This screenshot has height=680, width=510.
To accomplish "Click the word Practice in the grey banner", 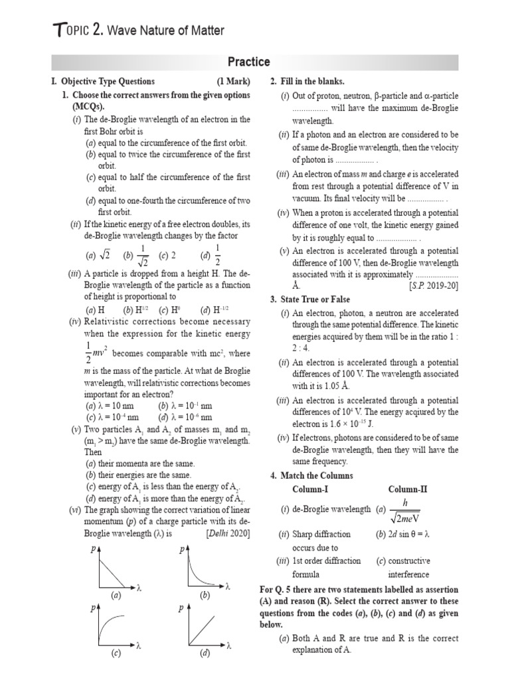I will point(249,62).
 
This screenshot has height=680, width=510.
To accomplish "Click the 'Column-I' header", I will point(310,489).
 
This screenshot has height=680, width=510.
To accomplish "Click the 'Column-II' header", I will point(408,489).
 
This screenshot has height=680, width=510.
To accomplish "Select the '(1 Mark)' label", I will point(233,82).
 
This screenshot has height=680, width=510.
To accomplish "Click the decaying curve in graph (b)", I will point(199,569).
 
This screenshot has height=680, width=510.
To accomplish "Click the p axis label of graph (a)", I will point(92,550).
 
